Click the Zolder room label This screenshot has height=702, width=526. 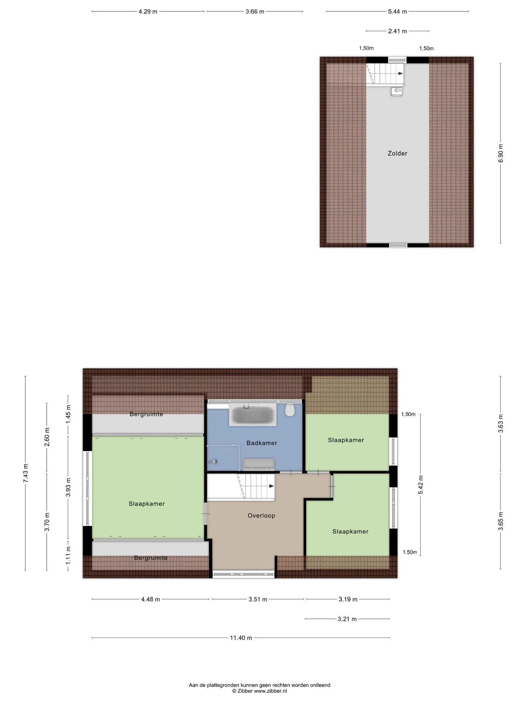(x=397, y=154)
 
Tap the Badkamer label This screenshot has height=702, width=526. (x=262, y=443)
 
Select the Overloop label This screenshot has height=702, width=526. (x=261, y=516)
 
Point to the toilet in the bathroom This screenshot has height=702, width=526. (x=290, y=410)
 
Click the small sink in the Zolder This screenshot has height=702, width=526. (x=396, y=91)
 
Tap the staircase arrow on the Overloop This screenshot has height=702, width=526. (x=271, y=486)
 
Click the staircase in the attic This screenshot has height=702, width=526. (x=385, y=74)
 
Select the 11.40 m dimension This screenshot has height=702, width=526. (x=241, y=638)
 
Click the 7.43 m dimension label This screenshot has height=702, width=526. (x=26, y=473)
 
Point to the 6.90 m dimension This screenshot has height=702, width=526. (x=500, y=153)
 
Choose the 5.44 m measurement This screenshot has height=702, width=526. (x=397, y=12)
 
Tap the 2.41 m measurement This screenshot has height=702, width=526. (x=397, y=31)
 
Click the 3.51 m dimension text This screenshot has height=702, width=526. (x=258, y=599)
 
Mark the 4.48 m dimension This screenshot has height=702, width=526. (x=150, y=599)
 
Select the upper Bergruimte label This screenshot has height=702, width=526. (x=146, y=414)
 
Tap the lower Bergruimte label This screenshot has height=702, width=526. (x=151, y=558)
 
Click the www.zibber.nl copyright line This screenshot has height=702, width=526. (x=259, y=691)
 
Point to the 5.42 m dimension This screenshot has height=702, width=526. (x=421, y=485)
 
